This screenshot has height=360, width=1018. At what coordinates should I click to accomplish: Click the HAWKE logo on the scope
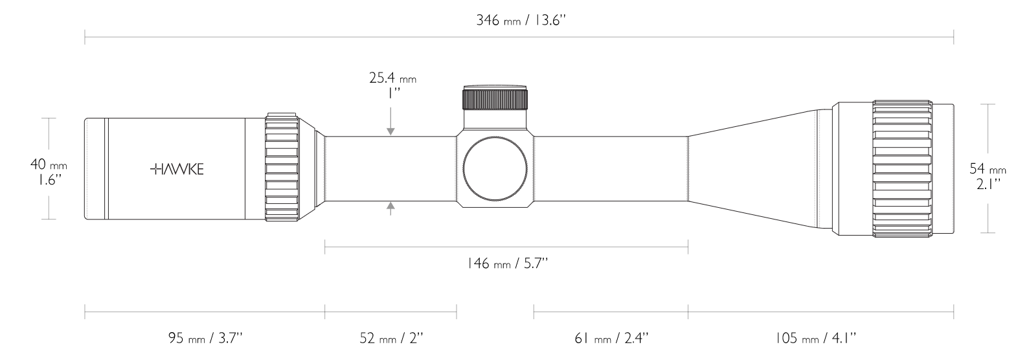pyautogui.click(x=177, y=170)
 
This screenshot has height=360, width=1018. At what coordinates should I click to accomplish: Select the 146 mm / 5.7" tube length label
pyautogui.click(x=506, y=264)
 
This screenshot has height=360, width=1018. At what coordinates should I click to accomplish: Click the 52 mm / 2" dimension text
pyautogui.click(x=391, y=338)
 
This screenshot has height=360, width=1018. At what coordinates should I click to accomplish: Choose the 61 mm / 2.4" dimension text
pyautogui.click(x=611, y=338)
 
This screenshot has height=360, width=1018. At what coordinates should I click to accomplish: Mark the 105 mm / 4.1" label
pyautogui.click(x=815, y=338)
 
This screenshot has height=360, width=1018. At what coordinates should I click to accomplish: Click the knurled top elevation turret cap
pyautogui.click(x=495, y=98)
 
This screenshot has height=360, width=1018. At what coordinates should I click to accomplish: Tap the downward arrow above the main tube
pyautogui.click(x=390, y=129)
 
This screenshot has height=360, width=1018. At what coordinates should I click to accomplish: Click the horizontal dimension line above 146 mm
pyautogui.click(x=506, y=245)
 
